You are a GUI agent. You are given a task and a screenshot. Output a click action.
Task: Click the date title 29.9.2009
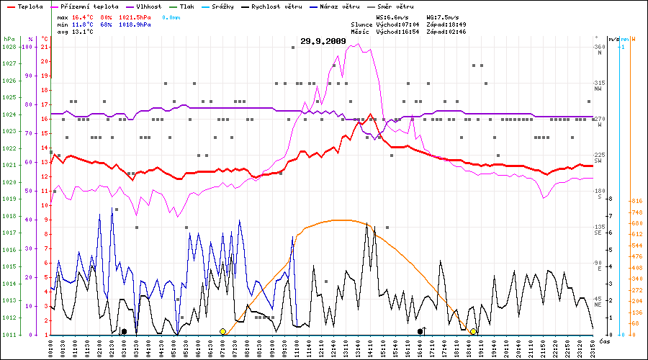323,41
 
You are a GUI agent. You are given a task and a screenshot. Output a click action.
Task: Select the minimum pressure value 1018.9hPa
135,24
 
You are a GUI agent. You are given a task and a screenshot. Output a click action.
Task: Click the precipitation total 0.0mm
171,17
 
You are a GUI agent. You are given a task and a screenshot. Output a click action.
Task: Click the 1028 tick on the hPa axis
9,47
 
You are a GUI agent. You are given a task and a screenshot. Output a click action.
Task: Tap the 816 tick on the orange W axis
636,201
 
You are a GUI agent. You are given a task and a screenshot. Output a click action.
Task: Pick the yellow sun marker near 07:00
223,331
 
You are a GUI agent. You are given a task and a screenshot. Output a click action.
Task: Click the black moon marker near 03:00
124,331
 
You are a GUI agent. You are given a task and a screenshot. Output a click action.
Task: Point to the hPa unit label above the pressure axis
9,38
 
